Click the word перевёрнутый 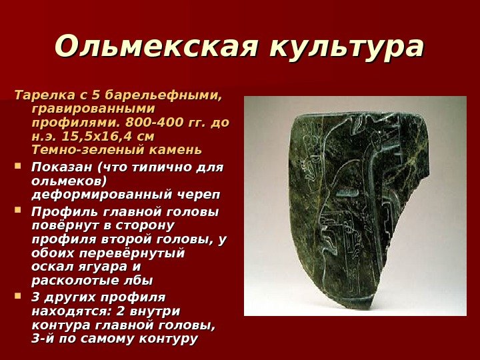click(141, 253)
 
